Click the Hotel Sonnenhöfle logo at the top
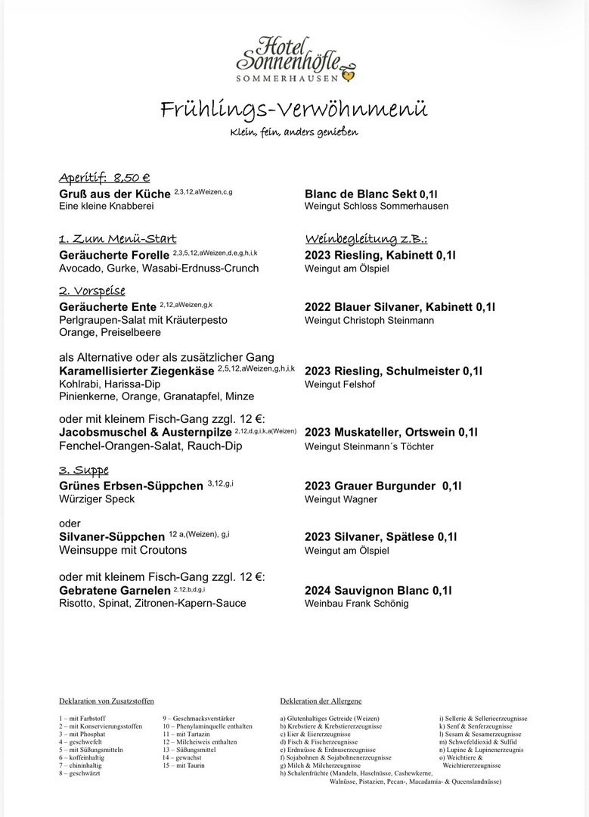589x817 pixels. (294, 59)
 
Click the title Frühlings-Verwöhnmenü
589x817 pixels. (294, 110)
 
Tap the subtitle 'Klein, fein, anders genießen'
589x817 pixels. (294, 132)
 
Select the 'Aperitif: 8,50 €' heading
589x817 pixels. (104, 178)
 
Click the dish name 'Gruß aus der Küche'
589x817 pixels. (115, 194)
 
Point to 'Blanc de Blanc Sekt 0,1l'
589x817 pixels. (370, 194)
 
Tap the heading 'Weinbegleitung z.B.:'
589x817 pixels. (367, 239)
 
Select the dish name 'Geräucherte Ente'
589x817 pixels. (107, 306)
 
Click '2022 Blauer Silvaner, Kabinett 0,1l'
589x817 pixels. (400, 306)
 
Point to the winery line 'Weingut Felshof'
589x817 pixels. (339, 385)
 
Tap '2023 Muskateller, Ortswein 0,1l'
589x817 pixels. (391, 433)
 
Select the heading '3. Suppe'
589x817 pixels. (84, 470)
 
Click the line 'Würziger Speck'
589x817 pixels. (97, 499)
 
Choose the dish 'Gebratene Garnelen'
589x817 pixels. (114, 590)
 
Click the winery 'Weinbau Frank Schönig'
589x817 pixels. (356, 604)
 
